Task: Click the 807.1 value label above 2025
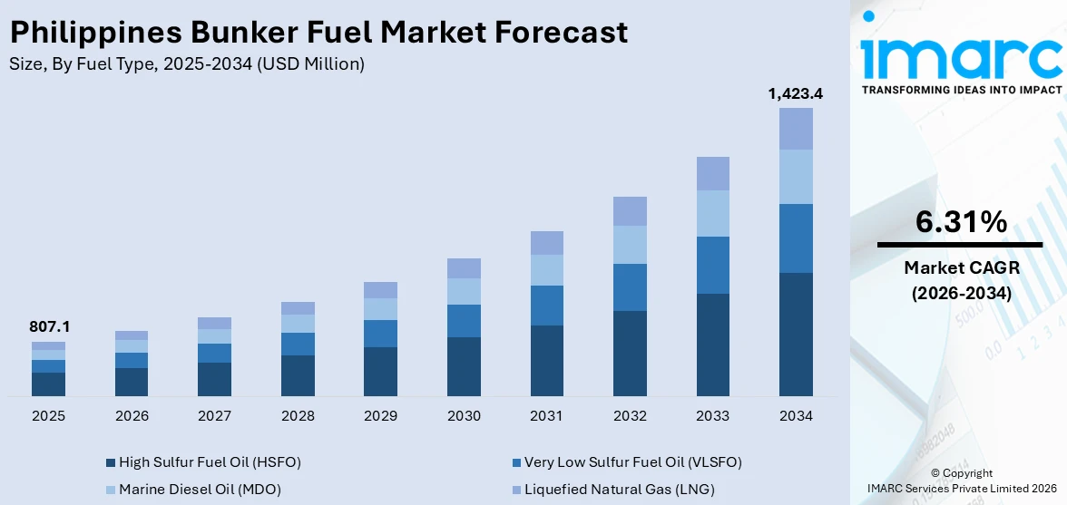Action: pyautogui.click(x=48, y=326)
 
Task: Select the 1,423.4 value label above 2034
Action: pyautogui.click(x=796, y=92)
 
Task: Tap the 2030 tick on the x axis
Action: pyautogui.click(x=464, y=416)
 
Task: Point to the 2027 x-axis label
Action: pyautogui.click(x=214, y=416)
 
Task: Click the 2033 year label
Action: pyautogui.click(x=713, y=416)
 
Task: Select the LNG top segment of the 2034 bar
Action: pyautogui.click(x=796, y=129)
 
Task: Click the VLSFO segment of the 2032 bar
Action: pyautogui.click(x=630, y=287)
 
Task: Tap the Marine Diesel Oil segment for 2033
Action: pyautogui.click(x=713, y=213)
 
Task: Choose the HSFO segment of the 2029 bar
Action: pyautogui.click(x=380, y=372)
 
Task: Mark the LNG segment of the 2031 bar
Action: pyautogui.click(x=547, y=243)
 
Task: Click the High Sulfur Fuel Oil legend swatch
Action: pyautogui.click(x=111, y=462)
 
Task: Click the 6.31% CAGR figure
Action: pyautogui.click(x=960, y=222)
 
